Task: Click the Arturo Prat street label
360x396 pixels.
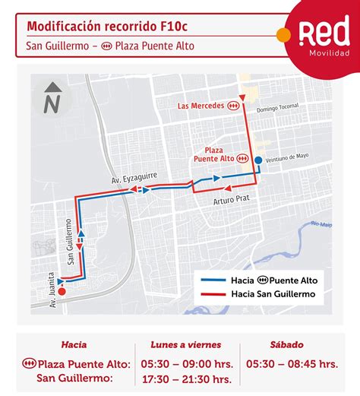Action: pos(231,201)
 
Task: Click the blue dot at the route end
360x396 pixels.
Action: pos(258,160)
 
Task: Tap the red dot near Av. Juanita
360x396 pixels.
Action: pos(62,290)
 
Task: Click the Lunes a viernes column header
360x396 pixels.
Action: pos(185,344)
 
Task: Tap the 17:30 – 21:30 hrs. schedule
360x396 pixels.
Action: pos(185,379)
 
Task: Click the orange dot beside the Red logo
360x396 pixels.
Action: pos(283,35)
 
